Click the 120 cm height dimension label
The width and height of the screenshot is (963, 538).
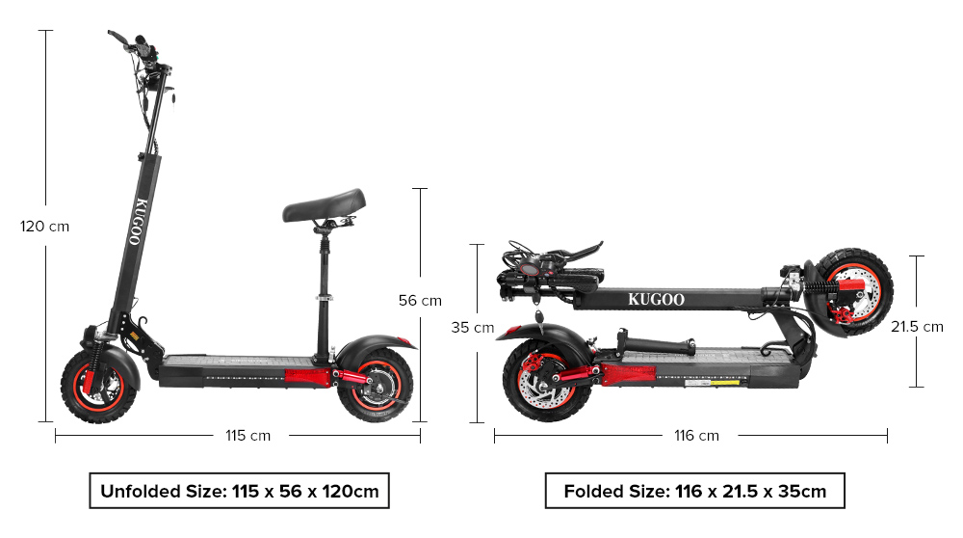(45, 227)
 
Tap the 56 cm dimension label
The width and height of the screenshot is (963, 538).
(420, 301)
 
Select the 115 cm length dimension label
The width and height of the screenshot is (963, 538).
(247, 436)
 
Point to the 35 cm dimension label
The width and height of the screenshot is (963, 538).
(472, 328)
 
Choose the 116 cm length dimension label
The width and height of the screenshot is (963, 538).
(695, 436)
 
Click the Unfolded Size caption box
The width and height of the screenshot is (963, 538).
(240, 491)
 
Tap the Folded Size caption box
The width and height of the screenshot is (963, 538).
(694, 491)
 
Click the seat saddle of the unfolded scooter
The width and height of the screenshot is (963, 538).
(325, 203)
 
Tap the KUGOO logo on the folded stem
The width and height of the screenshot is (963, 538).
(656, 299)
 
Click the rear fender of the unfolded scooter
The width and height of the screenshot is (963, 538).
(380, 343)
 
